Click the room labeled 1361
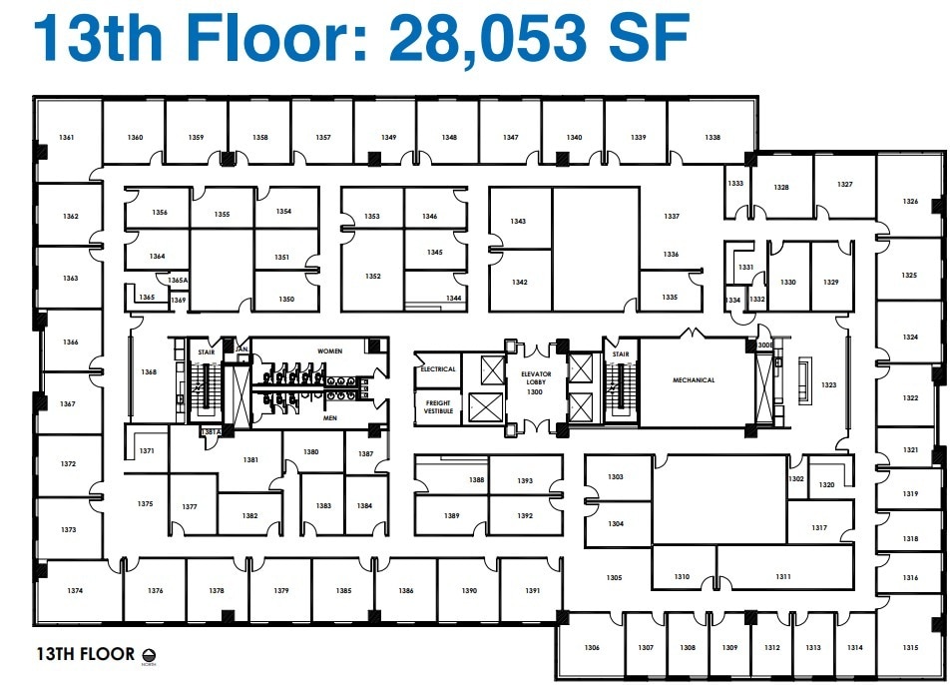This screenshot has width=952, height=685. coord(68,138)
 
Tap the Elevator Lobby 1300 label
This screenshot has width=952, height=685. coord(536,383)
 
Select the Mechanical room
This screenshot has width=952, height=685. coord(694,380)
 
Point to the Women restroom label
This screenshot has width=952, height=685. coord(329,351)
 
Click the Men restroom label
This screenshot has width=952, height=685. coord(329,418)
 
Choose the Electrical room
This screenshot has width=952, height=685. coord(438,369)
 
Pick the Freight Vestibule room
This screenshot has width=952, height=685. coord(438,406)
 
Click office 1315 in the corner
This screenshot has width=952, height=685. coord(909,647)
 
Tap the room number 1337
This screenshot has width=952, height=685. coord(672,217)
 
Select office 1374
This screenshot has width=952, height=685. coord(76,591)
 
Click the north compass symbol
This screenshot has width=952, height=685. coord(151,655)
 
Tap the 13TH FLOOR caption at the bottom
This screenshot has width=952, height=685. coord(85,655)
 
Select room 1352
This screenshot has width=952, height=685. coord(372,277)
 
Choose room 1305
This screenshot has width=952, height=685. coord(614,577)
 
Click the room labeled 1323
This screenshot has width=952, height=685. coord(828,384)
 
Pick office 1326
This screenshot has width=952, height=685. coord(909,202)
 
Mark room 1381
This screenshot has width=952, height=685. coord(249,460)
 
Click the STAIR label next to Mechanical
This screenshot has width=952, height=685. coord(621,354)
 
